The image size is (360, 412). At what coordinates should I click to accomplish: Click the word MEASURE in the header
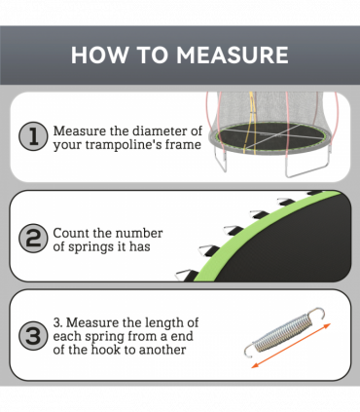click(233, 55)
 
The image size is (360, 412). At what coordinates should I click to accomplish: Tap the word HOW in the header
click(99, 55)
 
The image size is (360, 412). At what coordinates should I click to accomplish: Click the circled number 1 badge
click(33, 136)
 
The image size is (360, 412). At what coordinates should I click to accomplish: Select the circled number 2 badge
click(33, 239)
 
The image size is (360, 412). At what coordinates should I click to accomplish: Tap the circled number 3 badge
click(33, 336)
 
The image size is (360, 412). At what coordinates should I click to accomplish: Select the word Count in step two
click(68, 233)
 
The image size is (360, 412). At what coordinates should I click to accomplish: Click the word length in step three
click(160, 322)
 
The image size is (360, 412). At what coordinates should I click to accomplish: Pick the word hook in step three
click(102, 350)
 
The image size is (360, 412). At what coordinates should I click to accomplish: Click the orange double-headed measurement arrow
click(291, 346)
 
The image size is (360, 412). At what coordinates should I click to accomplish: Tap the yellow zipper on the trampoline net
click(250, 125)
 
